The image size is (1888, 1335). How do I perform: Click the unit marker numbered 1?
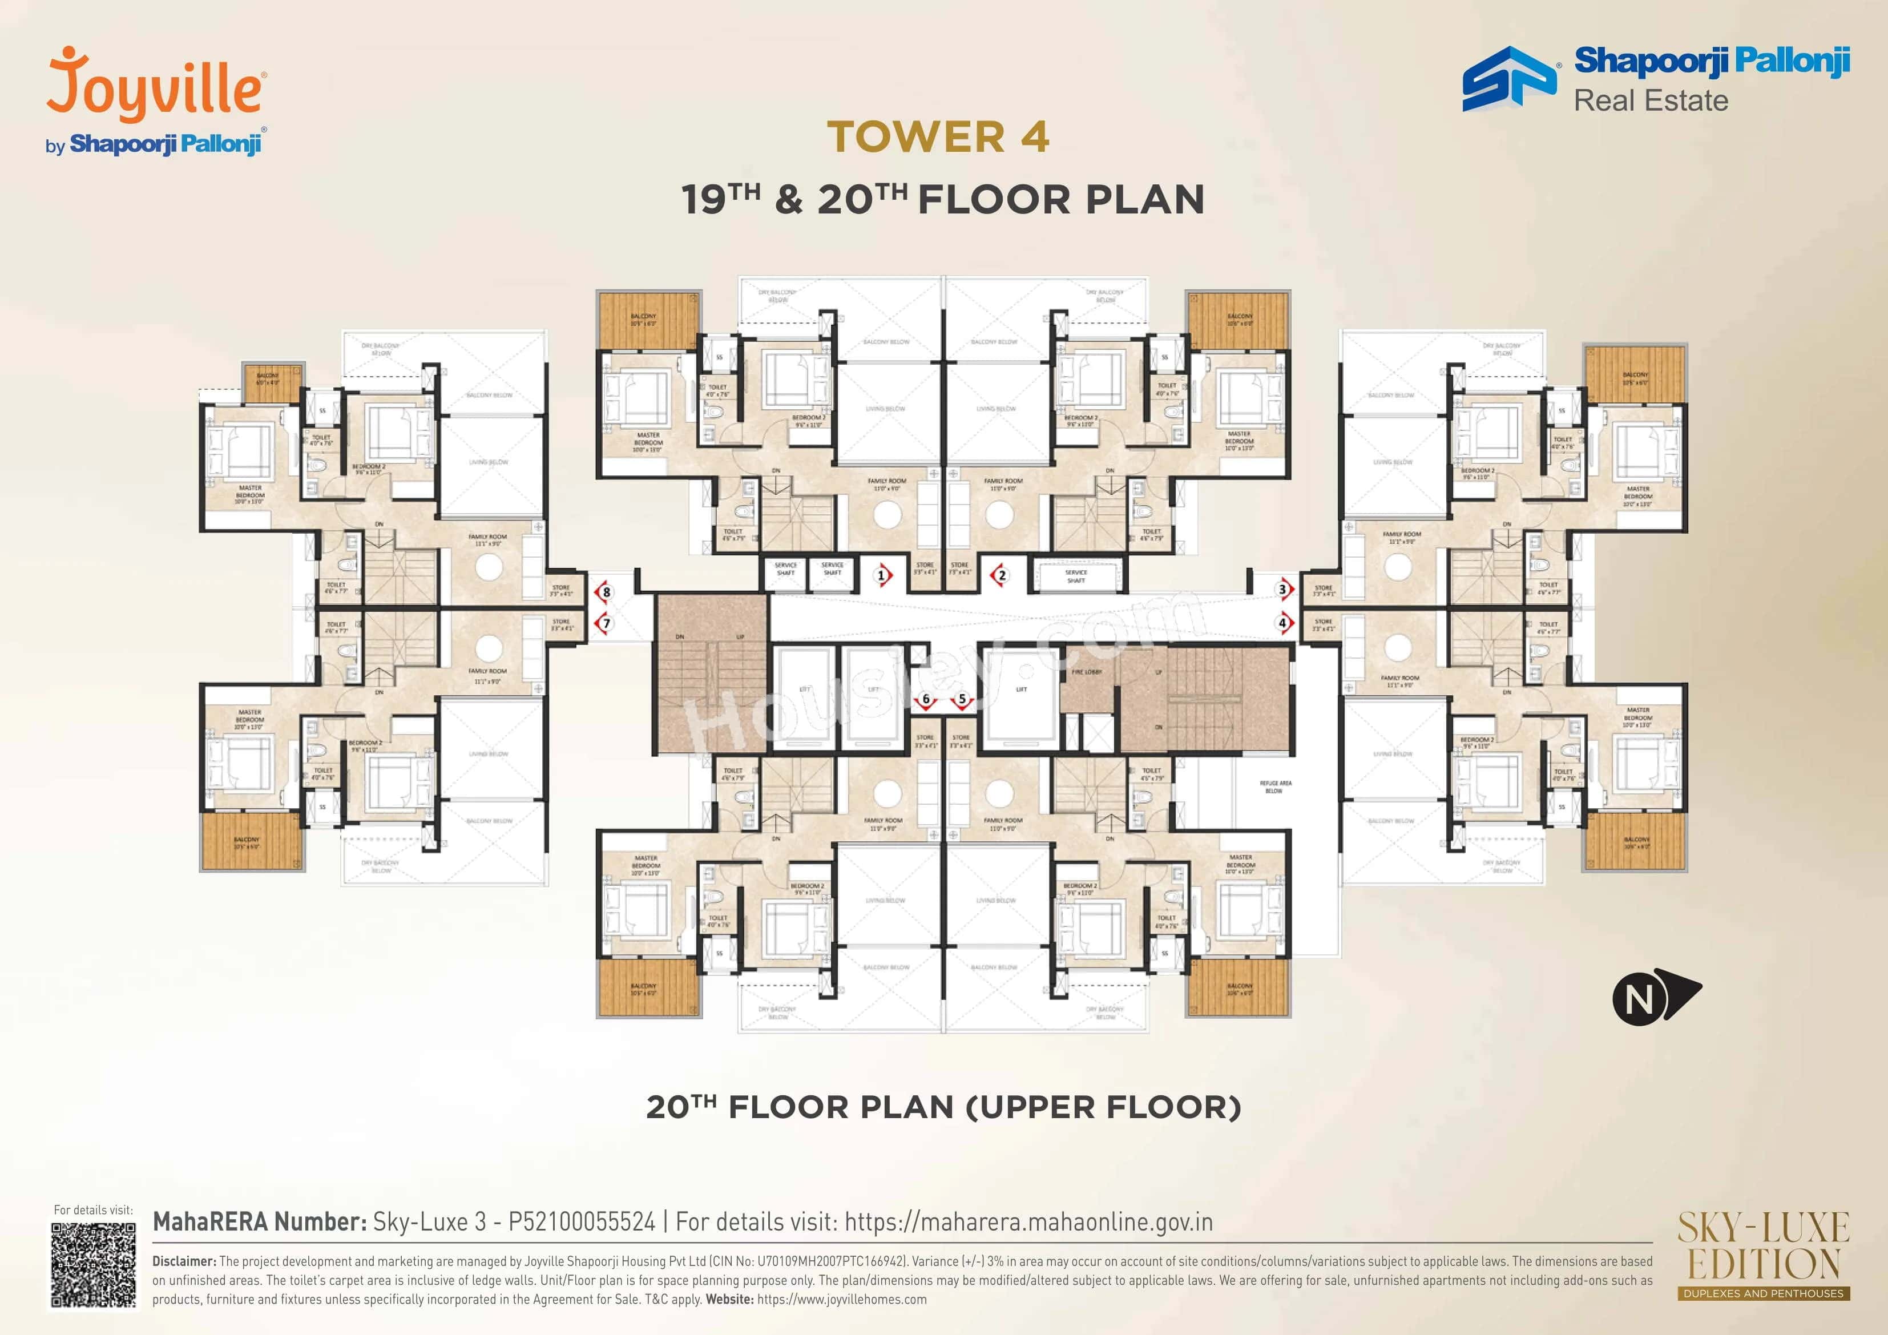[x=882, y=575]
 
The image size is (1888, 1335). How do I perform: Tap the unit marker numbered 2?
[x=1001, y=575]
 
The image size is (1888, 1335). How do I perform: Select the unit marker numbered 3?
[x=1283, y=589]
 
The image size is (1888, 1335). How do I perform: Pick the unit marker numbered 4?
[x=1283, y=623]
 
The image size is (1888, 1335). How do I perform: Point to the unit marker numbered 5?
[x=962, y=699]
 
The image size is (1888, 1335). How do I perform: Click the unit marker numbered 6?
[x=926, y=699]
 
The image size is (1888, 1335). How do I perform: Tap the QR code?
[x=93, y=1264]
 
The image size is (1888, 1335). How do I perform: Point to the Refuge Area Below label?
[x=1274, y=787]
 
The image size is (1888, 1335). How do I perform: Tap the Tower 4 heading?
[x=938, y=136]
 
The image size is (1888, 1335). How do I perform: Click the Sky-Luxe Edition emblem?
[x=1763, y=1255]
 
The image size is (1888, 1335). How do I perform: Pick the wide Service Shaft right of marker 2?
[x=1076, y=576]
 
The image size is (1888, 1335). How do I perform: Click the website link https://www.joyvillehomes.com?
[x=841, y=1300]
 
